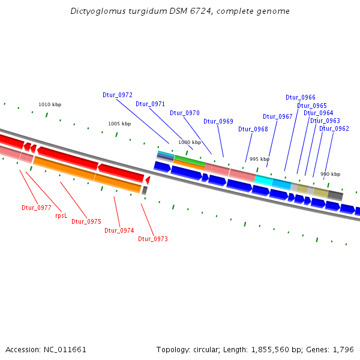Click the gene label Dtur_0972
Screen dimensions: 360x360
(118, 95)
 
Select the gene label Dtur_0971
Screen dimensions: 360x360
(150, 104)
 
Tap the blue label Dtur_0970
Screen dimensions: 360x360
(185, 113)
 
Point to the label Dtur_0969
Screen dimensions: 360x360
(218, 121)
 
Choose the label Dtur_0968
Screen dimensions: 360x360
(253, 129)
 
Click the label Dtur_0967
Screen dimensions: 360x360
(278, 116)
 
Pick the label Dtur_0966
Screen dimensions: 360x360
(301, 97)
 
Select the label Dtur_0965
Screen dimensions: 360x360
(312, 106)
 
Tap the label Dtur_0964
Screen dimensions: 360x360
(319, 113)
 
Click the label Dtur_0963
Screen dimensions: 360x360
(325, 121)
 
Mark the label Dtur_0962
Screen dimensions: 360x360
(334, 128)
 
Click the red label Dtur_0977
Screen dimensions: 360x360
(37, 208)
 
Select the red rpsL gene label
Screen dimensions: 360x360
(61, 215)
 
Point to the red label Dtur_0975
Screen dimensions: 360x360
(86, 221)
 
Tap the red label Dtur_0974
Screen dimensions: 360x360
(119, 230)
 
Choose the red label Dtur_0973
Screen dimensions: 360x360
(153, 239)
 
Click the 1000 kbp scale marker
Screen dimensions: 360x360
(190, 142)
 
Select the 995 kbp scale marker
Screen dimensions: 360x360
(260, 159)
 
